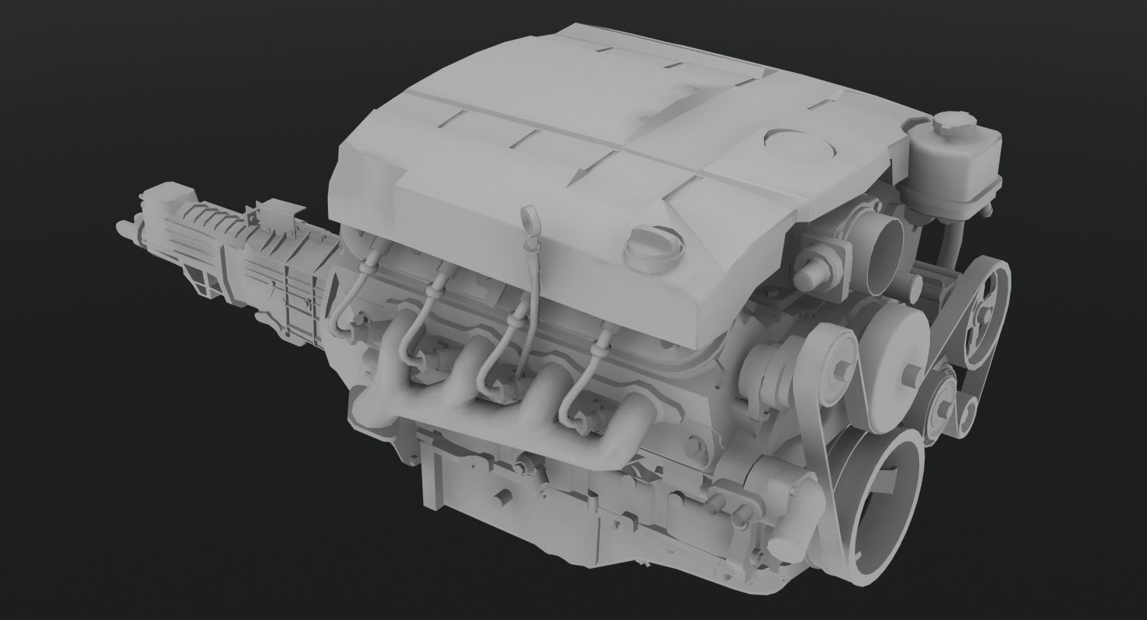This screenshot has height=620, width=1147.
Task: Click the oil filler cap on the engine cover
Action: (x=655, y=248)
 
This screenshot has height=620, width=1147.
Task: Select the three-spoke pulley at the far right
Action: (x=983, y=309)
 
